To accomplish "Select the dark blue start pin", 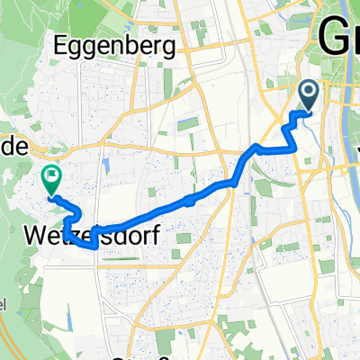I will tap(308, 93).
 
